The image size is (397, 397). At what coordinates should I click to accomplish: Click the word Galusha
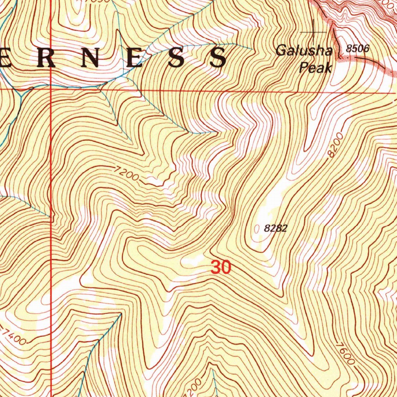click(304, 51)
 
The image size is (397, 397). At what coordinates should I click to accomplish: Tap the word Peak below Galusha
click(316, 68)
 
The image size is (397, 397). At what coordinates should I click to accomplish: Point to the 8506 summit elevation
click(358, 49)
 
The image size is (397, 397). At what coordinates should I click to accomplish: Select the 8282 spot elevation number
click(275, 228)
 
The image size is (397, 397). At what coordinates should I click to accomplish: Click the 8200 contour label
click(335, 145)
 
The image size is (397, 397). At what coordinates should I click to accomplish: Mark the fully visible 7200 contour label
click(127, 174)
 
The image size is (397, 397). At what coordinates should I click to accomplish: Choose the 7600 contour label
click(345, 353)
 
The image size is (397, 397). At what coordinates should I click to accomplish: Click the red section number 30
click(221, 268)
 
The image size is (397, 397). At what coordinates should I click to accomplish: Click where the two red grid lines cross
click(51, 89)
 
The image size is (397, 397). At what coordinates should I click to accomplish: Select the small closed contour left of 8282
click(256, 229)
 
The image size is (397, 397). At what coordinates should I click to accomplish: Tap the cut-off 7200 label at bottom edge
click(196, 386)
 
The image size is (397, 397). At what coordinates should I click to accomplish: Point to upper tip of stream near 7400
click(120, 315)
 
